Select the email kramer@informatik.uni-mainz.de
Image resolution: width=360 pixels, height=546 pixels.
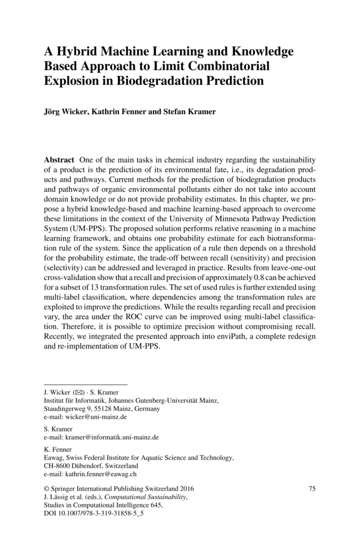click(x=112, y=437)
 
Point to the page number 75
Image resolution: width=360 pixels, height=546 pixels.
click(x=313, y=488)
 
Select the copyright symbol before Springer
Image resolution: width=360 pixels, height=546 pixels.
click(x=45, y=489)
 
